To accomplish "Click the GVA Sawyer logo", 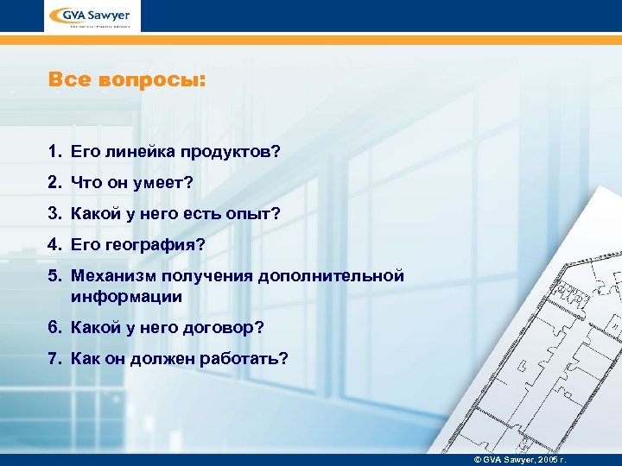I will (x=93, y=16).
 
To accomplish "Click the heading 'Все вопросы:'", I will (x=128, y=81).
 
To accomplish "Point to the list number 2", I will (x=54, y=183).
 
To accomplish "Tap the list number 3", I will (x=54, y=214).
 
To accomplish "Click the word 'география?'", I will (x=157, y=245).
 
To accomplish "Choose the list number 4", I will (x=54, y=245).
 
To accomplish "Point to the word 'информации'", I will (x=126, y=296).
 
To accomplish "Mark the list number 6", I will (x=54, y=328).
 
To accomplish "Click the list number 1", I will (x=54, y=152).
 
